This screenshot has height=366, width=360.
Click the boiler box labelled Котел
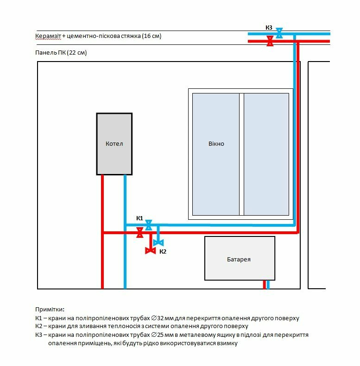tap(114, 144)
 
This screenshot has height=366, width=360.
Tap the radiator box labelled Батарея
tap(240, 258)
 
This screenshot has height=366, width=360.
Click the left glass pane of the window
tap(216, 154)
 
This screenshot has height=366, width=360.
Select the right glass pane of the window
tap(266, 154)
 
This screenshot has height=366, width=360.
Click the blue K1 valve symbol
tap(148, 225)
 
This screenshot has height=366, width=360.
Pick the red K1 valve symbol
tap(140, 232)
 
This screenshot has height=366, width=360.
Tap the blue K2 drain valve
tap(158, 243)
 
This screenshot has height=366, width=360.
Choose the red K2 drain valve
tap(150, 251)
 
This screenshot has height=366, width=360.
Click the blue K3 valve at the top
tap(279, 33)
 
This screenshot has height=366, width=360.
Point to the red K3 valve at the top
tap(270, 41)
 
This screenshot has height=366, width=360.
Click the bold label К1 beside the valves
tap(139, 218)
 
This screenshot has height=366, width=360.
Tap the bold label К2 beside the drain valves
tap(163, 251)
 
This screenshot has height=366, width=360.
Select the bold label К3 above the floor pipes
tap(269, 28)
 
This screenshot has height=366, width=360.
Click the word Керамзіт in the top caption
tap(48, 36)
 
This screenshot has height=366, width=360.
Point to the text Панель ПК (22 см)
tap(61, 53)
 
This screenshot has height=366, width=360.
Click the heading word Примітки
tap(50, 309)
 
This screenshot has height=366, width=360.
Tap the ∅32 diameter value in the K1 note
tap(157, 318)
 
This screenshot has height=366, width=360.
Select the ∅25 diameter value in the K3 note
tap(157, 335)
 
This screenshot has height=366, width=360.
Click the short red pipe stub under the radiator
tap(265, 285)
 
